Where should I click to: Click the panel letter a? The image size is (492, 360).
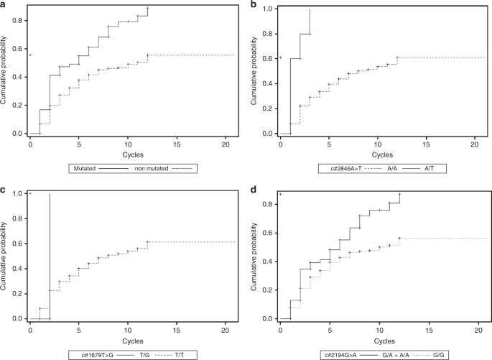[4, 6]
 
